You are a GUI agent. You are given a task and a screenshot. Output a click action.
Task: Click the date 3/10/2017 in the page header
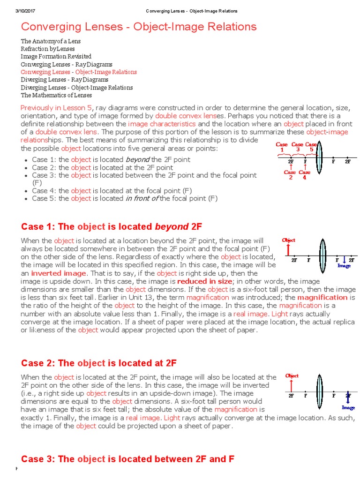19,11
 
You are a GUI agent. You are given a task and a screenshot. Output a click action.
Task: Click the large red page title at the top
139,27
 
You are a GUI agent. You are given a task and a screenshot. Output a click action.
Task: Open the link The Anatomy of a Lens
51,41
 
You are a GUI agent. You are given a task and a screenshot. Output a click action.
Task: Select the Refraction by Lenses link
48,49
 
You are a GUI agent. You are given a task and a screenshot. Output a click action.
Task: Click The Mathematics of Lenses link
56,95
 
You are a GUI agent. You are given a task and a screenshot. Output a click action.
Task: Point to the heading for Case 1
112,227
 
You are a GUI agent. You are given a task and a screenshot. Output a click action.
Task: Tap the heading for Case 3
127,459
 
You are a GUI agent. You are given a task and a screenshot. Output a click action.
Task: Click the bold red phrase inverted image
59,273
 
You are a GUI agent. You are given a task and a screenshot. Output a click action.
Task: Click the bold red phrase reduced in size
204,281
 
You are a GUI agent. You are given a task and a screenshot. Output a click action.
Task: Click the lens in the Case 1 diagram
322,253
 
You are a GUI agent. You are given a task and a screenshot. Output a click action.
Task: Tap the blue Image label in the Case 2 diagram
348,407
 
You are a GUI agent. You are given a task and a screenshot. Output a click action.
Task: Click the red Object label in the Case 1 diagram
288,240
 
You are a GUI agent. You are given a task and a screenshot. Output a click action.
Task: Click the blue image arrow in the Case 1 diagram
345,259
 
